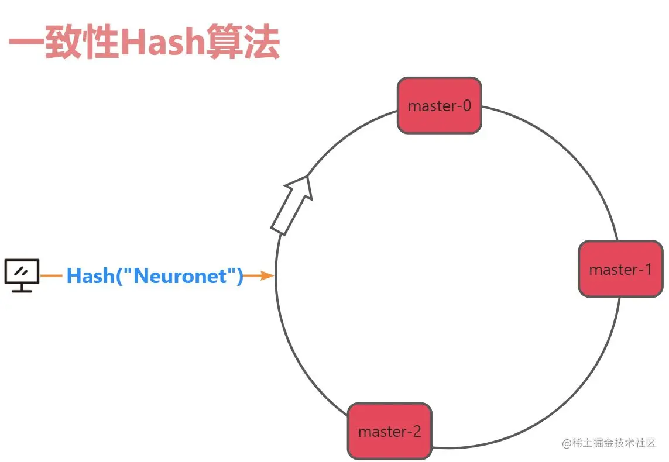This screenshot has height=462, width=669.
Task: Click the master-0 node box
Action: (x=439, y=105)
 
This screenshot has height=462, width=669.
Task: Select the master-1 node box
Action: (x=620, y=269)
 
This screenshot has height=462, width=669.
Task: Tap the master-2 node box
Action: (x=389, y=431)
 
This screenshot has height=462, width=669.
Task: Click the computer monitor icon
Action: (x=22, y=275)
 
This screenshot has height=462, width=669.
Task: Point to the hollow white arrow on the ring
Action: (x=291, y=205)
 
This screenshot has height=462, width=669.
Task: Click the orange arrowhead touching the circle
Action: (x=267, y=275)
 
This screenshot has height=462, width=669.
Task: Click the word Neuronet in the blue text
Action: (x=180, y=275)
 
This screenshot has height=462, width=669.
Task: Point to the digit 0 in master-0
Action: (x=466, y=106)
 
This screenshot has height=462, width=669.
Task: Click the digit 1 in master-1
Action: (x=647, y=270)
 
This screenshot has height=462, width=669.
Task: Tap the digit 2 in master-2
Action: (x=416, y=432)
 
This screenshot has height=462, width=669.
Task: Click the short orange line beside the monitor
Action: (x=52, y=275)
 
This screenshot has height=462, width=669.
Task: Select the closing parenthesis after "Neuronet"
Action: (x=239, y=275)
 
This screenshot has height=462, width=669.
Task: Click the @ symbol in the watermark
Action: (x=566, y=443)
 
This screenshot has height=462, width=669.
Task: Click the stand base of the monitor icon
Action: (x=22, y=289)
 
